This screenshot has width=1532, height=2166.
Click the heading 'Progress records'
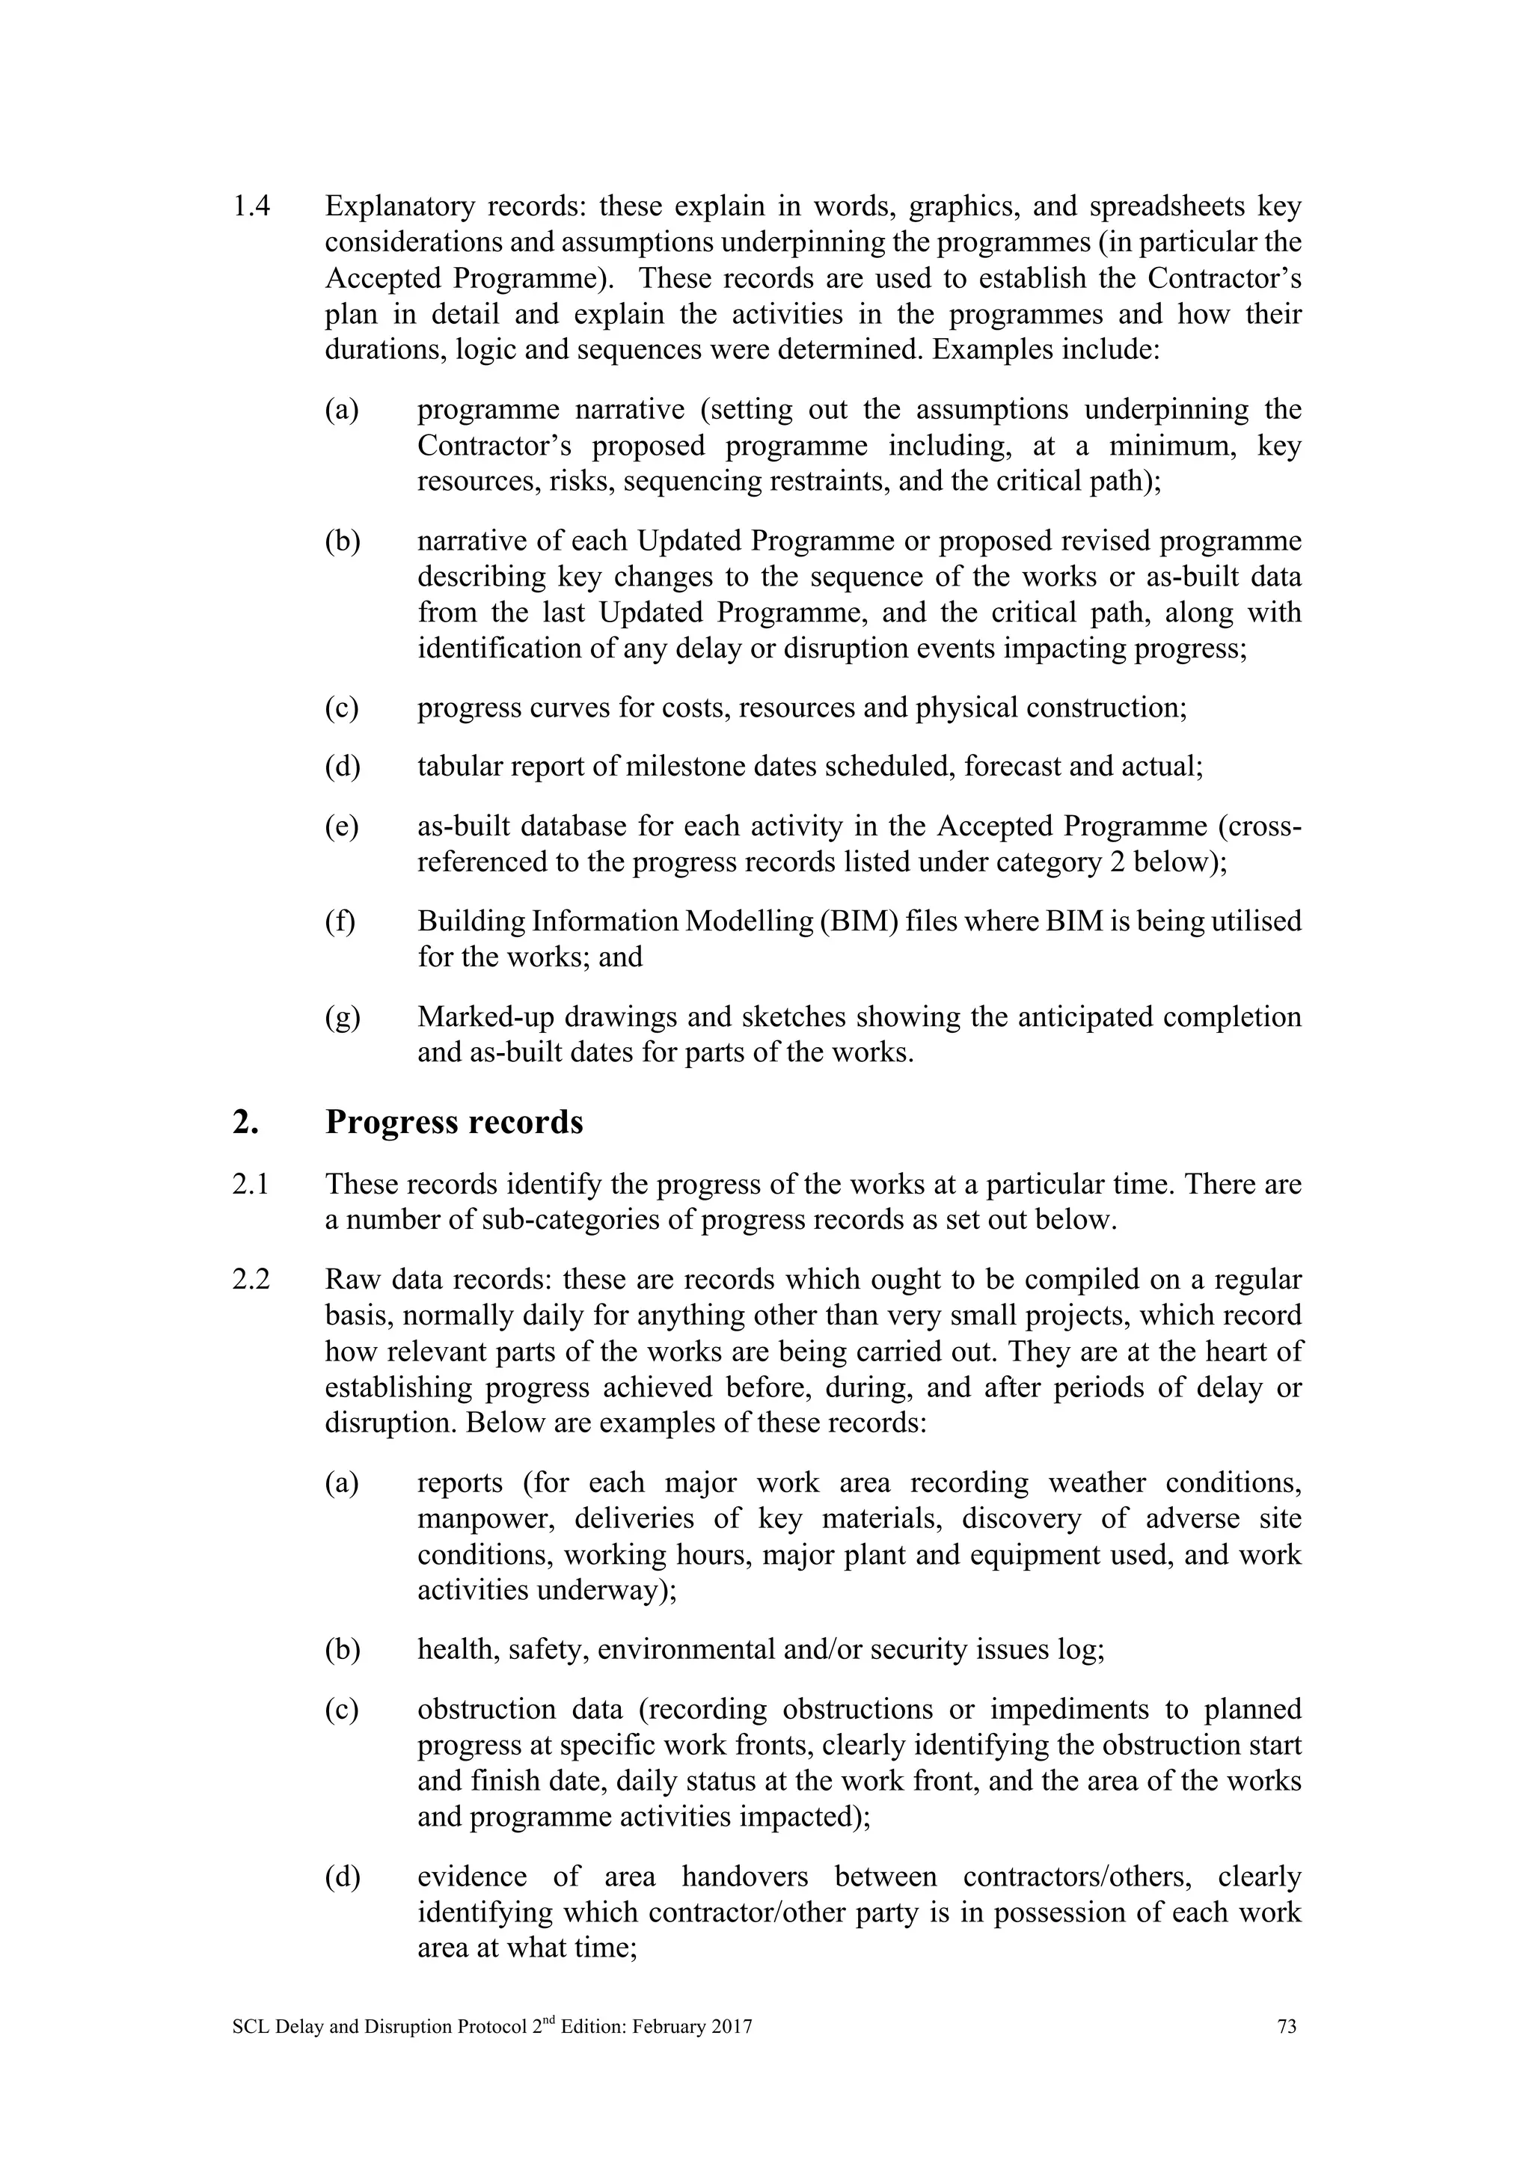click(454, 1123)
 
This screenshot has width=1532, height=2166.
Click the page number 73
click(1286, 2026)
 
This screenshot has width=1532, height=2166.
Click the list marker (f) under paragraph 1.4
click(340, 921)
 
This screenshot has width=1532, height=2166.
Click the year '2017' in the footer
click(733, 2026)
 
